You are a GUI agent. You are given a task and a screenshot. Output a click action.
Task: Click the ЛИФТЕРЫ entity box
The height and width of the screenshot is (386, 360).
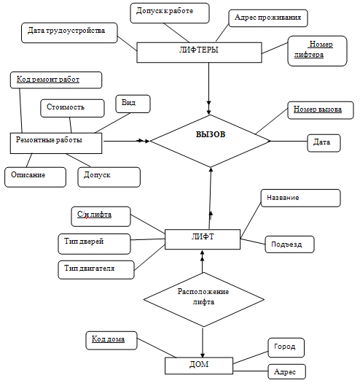199,53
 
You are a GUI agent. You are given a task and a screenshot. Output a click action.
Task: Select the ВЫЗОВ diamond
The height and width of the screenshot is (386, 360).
211,141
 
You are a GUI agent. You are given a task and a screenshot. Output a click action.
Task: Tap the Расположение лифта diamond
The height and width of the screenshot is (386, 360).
204,300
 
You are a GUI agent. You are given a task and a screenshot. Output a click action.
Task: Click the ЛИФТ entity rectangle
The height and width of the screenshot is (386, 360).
203,239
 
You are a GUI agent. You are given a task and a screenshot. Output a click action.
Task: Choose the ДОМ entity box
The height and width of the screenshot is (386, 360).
199,366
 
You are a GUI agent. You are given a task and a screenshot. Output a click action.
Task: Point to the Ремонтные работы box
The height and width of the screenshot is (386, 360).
56,143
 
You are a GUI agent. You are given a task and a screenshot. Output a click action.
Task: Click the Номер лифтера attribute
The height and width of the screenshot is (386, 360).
317,51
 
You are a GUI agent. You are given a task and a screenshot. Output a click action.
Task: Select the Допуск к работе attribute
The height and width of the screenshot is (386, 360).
170,13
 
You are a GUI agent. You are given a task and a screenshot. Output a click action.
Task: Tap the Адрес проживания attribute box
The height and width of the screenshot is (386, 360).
268,18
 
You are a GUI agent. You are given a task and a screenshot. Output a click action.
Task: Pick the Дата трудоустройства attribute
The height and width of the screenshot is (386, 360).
69,33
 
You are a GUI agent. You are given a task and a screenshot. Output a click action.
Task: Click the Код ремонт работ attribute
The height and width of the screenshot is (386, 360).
56,80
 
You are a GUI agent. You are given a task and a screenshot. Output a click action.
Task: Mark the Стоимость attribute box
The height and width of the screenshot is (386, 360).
72,108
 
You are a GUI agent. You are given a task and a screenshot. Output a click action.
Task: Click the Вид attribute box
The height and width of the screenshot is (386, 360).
133,104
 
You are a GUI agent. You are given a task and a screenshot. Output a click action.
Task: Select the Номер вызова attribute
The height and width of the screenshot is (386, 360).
321,110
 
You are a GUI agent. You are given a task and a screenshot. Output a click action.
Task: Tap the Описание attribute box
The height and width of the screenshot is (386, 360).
35,177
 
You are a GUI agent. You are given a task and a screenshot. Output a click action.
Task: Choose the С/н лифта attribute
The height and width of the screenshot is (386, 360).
101,217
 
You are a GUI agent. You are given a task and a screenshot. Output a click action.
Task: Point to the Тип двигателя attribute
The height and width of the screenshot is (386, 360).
96,269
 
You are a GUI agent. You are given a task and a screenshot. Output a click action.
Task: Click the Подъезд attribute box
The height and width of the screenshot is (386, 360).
289,244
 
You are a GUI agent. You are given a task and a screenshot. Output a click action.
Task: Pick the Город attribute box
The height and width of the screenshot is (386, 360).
286,347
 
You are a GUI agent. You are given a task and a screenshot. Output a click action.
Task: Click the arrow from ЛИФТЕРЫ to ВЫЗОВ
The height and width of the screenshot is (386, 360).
209,88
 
